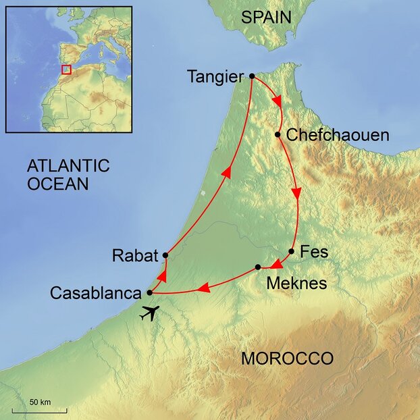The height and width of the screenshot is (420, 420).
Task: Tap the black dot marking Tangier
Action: pos(251,76)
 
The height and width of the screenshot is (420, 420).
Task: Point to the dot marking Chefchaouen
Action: pos(278,134)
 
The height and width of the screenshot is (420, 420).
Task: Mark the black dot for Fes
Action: pos(291,252)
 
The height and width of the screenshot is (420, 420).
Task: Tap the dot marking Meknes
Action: pos(258,267)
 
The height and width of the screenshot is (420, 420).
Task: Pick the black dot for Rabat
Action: pos(165,255)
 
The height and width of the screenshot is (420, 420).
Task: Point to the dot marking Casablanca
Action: pos(149,293)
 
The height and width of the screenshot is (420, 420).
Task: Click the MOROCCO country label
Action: pos(287,359)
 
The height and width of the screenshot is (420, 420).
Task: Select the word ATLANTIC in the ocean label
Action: pos(68,165)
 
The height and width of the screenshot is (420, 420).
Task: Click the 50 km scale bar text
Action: pos(40,402)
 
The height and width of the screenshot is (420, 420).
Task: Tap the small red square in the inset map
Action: pos(66,70)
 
